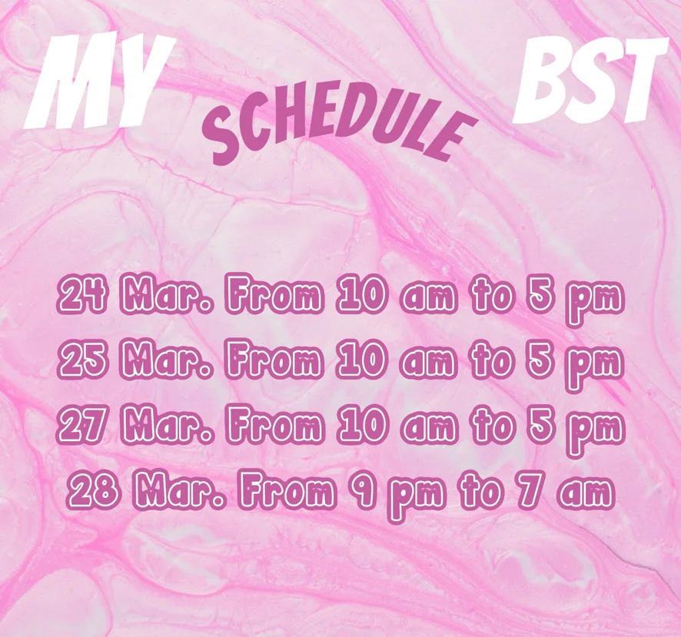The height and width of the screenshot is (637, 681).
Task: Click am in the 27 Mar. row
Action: pos(429,429)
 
